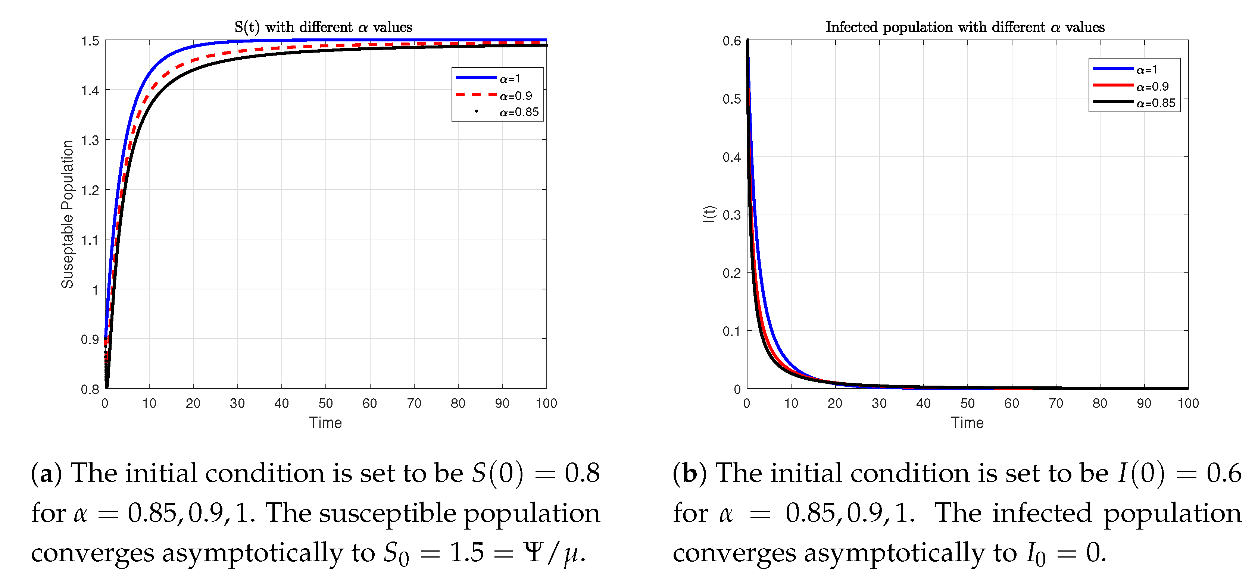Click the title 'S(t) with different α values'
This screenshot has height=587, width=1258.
pyautogui.click(x=323, y=27)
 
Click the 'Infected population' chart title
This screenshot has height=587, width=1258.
pyautogui.click(x=965, y=27)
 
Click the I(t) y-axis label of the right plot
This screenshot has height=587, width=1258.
pyautogui.click(x=709, y=214)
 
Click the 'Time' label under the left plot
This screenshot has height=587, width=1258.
pyautogui.click(x=325, y=423)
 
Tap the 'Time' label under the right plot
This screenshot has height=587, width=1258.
pyautogui.click(x=967, y=423)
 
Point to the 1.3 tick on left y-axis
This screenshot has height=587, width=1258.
pyautogui.click(x=90, y=141)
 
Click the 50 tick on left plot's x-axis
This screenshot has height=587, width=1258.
pyautogui.click(x=326, y=404)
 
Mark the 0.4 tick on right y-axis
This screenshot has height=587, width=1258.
pyautogui.click(x=731, y=157)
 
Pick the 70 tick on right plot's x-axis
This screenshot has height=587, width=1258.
pyautogui.click(x=1055, y=404)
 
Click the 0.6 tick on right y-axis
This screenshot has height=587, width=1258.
pyautogui.click(x=731, y=41)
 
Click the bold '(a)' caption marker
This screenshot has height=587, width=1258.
pyautogui.click(x=46, y=473)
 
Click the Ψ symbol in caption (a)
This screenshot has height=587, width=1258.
pyautogui.click(x=533, y=552)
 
